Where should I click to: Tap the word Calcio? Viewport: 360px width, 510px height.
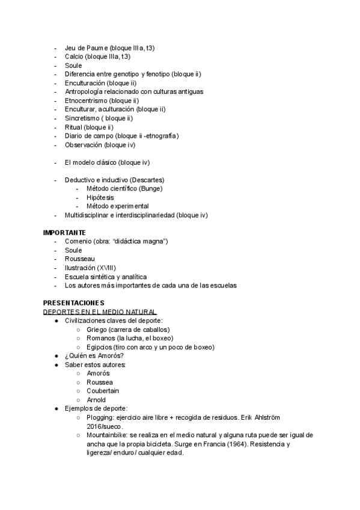click(x=74, y=57)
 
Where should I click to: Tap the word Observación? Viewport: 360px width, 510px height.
click(x=84, y=145)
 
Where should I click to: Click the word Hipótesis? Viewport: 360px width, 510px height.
click(x=100, y=197)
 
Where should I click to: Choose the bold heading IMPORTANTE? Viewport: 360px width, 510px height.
click(x=64, y=233)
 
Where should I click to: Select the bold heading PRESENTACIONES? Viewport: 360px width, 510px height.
click(x=73, y=303)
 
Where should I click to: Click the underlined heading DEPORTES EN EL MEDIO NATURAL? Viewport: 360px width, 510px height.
click(x=100, y=312)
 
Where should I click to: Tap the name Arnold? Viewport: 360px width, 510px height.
click(x=96, y=400)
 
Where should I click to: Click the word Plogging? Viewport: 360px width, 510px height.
click(x=100, y=417)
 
